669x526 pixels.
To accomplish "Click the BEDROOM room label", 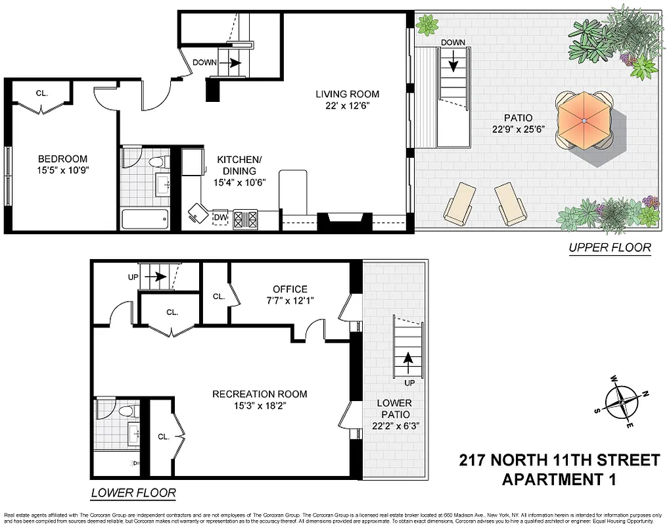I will pyautogui.click(x=62, y=159).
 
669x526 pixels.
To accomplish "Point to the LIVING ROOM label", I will pyautogui.click(x=347, y=94).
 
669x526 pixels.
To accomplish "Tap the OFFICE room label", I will pyautogui.click(x=290, y=289).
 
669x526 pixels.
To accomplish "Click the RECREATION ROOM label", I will pyautogui.click(x=260, y=394).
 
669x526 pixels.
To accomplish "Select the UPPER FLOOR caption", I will pyautogui.click(x=609, y=248).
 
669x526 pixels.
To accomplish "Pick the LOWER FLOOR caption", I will pyautogui.click(x=133, y=492).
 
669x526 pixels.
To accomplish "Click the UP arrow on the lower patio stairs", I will pyautogui.click(x=409, y=359).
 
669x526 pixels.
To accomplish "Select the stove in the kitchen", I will pyautogui.click(x=246, y=218).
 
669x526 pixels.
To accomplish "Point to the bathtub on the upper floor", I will pyautogui.click(x=145, y=218).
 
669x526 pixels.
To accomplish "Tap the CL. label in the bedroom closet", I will pyautogui.click(x=42, y=93).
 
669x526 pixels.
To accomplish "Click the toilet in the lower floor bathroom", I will pyautogui.click(x=127, y=411).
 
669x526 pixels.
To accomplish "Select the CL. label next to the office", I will pyautogui.click(x=219, y=297).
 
